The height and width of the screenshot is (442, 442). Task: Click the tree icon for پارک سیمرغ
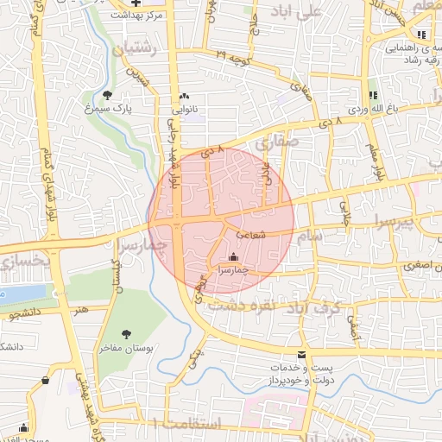point(107,95)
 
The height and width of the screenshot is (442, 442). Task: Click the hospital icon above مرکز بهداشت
point(142,3)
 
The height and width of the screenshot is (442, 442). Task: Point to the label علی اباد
point(321,11)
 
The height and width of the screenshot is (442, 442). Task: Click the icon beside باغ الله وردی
point(373,95)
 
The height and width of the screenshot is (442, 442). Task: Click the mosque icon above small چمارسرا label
point(232,256)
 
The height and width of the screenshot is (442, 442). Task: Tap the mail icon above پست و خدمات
point(301,355)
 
